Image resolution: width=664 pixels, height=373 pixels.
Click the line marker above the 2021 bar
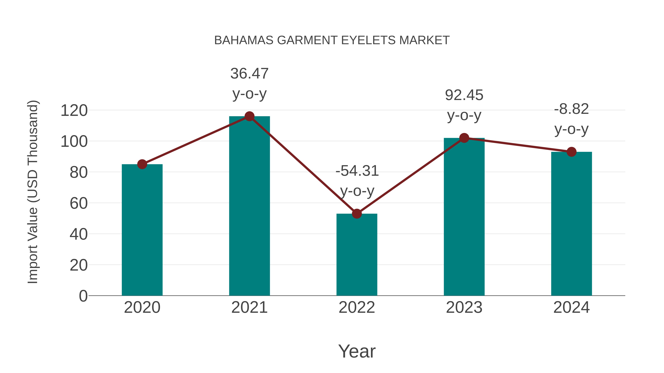pos(249,116)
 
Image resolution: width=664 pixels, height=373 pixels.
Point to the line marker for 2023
pos(464,138)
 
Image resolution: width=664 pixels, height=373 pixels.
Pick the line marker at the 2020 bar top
pos(142,164)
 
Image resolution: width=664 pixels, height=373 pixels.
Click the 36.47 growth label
pos(249,74)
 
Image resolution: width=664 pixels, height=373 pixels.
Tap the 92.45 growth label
pos(464,95)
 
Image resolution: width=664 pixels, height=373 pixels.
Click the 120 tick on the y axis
pos(74,111)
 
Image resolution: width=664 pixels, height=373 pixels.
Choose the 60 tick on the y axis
pos(79,203)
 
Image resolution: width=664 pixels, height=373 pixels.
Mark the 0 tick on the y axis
pos(83,296)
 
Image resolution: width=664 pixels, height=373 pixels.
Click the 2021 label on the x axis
pos(249,307)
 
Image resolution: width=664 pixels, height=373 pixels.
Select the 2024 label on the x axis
pos(571,307)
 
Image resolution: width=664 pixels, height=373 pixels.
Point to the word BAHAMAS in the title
pos(244,40)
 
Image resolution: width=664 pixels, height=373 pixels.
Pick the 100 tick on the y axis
pos(74,142)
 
